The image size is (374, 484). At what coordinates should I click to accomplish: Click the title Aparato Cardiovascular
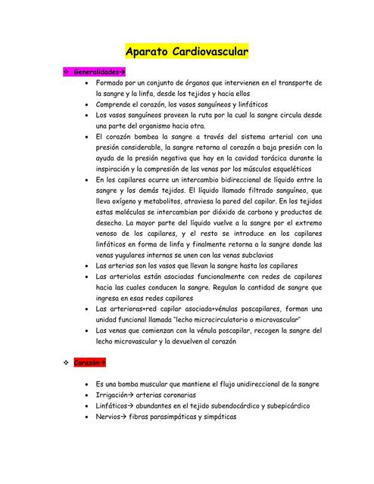coord(187,52)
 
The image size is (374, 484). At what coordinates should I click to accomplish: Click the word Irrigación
coord(114,395)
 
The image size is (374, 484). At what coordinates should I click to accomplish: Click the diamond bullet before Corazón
coord(66,363)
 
